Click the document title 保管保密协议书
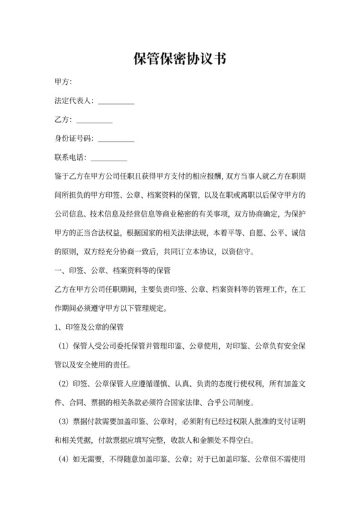[179, 59]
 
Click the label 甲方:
[63, 82]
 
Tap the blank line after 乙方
[94, 121]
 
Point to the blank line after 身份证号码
[116, 140]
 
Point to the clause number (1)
[63, 347]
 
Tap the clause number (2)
[63, 384]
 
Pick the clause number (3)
[63, 422]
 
